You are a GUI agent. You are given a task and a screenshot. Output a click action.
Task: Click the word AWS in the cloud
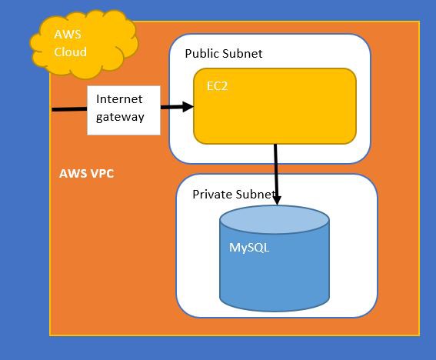(68, 35)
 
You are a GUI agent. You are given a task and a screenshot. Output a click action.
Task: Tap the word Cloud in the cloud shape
(70, 52)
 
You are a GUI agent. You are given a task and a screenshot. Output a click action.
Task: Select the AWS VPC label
(86, 174)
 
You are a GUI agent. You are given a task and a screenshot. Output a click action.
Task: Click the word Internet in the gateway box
(119, 99)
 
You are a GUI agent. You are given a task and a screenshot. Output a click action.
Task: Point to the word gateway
(120, 117)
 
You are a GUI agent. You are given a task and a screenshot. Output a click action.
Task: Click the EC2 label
(217, 86)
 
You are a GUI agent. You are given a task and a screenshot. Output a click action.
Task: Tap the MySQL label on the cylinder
(249, 248)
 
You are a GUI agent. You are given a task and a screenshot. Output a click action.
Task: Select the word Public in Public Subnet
(202, 54)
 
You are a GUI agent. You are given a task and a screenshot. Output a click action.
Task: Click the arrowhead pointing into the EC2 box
(188, 107)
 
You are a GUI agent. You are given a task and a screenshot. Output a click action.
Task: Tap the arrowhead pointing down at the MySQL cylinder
(277, 200)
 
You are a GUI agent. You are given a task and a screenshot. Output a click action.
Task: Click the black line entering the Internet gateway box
(69, 109)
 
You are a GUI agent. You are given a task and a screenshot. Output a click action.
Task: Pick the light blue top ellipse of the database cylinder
(275, 219)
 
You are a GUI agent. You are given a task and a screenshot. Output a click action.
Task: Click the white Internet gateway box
(124, 110)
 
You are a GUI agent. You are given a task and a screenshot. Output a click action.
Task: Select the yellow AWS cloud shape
(84, 45)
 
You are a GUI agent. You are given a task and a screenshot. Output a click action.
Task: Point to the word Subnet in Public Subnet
(242, 54)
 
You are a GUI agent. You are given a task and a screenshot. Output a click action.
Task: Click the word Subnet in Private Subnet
(254, 194)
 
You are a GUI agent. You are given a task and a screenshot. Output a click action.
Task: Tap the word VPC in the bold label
(102, 174)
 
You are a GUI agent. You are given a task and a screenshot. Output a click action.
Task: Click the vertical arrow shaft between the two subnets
(276, 170)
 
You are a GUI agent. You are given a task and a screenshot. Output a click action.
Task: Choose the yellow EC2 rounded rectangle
(275, 106)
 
